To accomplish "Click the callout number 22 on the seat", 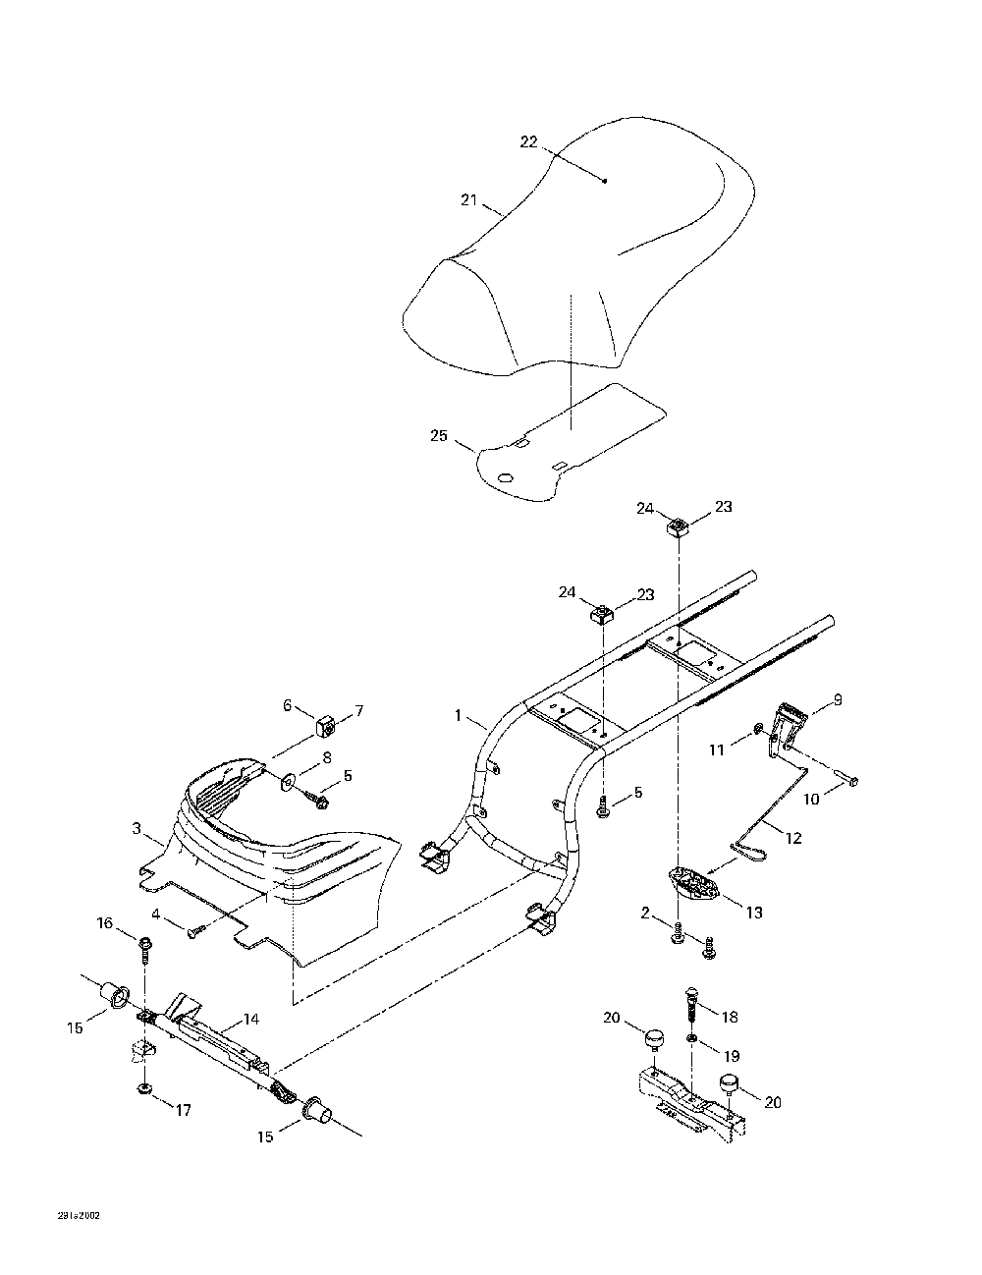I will pos(528,142).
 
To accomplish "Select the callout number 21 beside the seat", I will pos(468,200).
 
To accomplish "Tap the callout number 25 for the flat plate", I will pos(438,434).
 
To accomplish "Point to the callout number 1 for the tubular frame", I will pos(458,716).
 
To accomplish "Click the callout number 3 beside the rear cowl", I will pos(136,828).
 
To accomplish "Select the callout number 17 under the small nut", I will pos(184,1111).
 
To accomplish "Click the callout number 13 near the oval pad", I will pos(754,913).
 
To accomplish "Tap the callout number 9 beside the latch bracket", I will pos(838,700).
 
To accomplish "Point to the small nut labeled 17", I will pos(144,1089).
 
